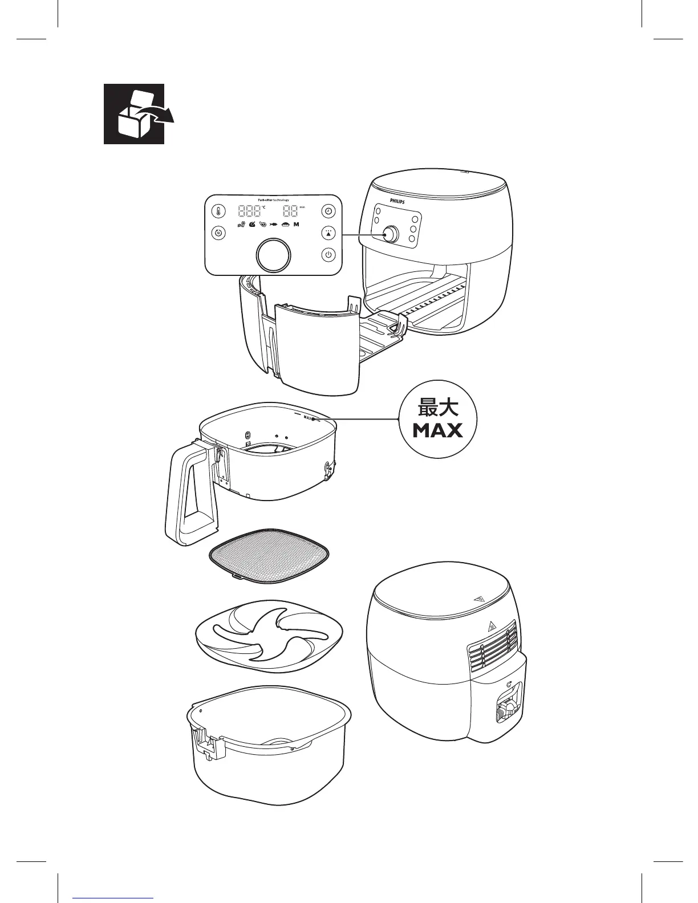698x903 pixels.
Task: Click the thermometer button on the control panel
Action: click(218, 212)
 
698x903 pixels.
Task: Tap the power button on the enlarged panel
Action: click(328, 255)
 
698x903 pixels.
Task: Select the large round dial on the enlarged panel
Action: click(274, 255)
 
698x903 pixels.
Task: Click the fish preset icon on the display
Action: click(274, 225)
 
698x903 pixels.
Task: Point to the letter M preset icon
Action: click(297, 225)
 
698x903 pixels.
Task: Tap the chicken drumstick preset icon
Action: click(253, 225)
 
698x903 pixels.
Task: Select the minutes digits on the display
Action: click(291, 211)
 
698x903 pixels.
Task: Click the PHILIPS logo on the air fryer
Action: click(400, 201)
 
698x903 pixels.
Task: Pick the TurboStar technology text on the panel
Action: click(273, 200)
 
